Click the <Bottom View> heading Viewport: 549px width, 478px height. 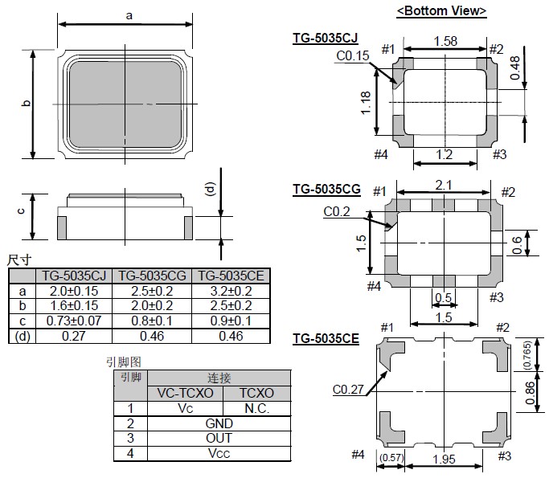coord(441,11)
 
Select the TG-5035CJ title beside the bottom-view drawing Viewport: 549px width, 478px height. coord(326,38)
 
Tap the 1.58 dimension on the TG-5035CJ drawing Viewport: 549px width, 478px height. coord(446,41)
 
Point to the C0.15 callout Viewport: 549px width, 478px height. coord(352,56)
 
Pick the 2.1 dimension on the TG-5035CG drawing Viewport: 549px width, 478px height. coord(442,185)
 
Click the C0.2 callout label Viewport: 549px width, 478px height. coord(338,211)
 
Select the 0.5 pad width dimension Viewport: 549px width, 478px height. coord(443,298)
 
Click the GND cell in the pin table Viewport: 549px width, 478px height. coord(219,423)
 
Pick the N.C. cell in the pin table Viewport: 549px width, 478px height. coord(256,408)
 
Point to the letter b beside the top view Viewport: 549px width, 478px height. coord(25,104)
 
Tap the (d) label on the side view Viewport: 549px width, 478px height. coord(211,190)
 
